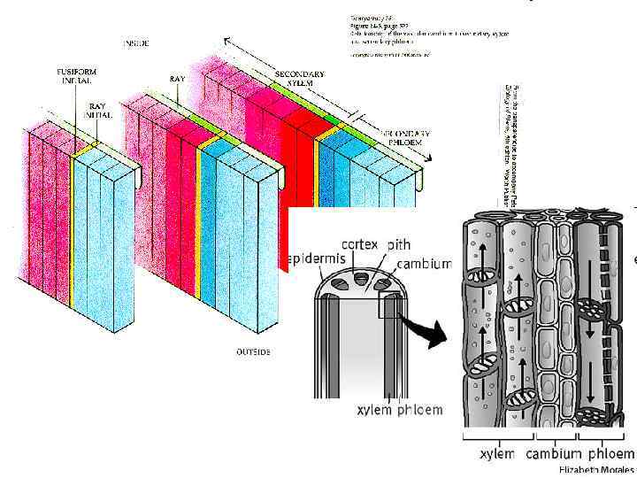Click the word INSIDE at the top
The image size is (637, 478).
[x=136, y=42]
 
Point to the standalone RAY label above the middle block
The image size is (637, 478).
[x=177, y=80]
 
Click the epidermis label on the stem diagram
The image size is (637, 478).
[x=318, y=258]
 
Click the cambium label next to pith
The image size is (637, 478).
[x=423, y=264]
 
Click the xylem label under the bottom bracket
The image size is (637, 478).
[x=496, y=454]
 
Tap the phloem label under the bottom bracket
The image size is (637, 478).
[x=608, y=454]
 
